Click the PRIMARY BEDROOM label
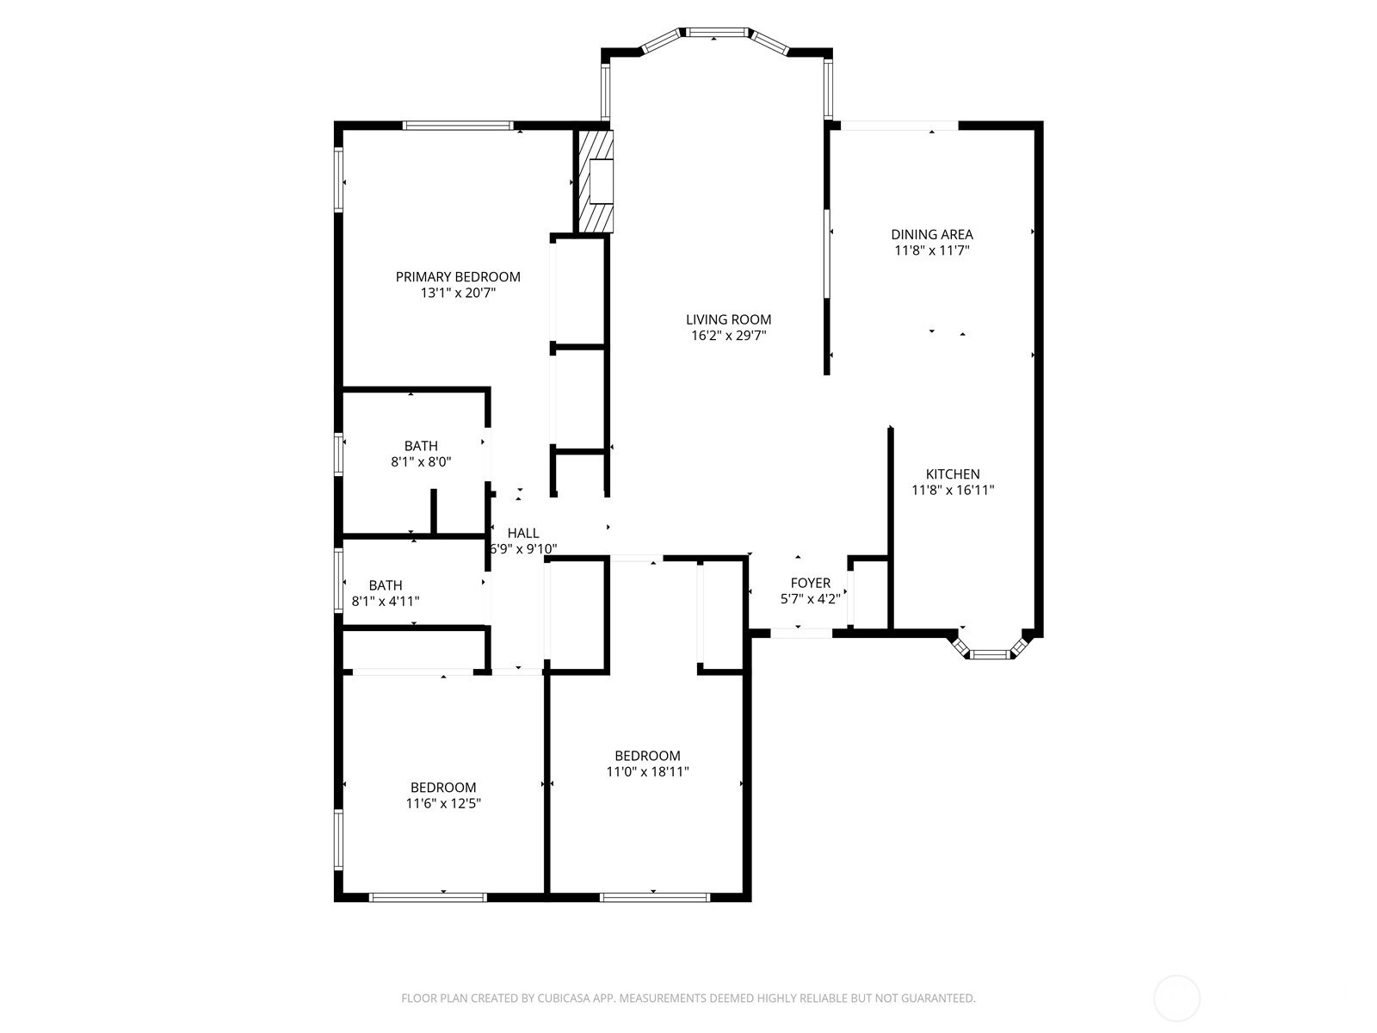coord(458,276)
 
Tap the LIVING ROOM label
coord(728,319)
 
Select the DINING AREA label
coord(931,234)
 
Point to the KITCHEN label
coord(953,474)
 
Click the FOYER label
coord(811,583)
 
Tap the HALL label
coord(522,533)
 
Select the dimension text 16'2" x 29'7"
coord(728,336)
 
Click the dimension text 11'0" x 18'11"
coord(647,771)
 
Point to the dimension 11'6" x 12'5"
coord(443,803)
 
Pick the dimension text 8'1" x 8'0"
coord(421,462)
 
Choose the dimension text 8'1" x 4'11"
coord(386,602)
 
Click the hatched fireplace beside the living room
coord(594,182)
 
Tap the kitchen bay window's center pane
coord(991,655)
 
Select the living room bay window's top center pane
coord(717,32)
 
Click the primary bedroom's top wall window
coord(457,126)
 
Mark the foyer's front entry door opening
coord(801,634)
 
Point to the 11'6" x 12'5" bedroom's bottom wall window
coord(428,898)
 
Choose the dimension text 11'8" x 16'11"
coord(953,491)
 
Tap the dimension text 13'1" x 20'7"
coord(458,293)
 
